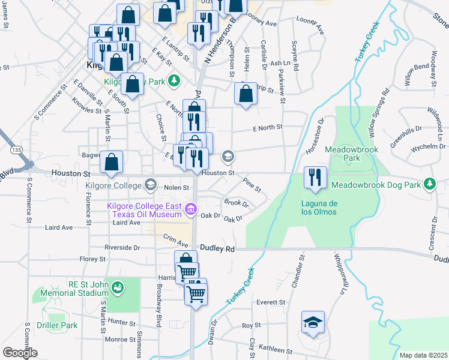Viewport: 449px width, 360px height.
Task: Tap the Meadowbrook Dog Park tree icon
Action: point(429,183)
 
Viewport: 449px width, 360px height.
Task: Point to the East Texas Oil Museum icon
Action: point(191,209)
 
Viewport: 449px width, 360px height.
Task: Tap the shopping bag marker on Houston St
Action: point(111,162)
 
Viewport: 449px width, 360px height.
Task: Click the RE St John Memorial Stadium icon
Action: point(118,287)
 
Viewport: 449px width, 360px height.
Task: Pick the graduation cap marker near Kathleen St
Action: point(313,323)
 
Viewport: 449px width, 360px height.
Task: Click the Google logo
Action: point(20,353)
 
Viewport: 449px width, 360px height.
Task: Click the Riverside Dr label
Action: point(122,247)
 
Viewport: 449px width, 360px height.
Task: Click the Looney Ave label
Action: point(261,24)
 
